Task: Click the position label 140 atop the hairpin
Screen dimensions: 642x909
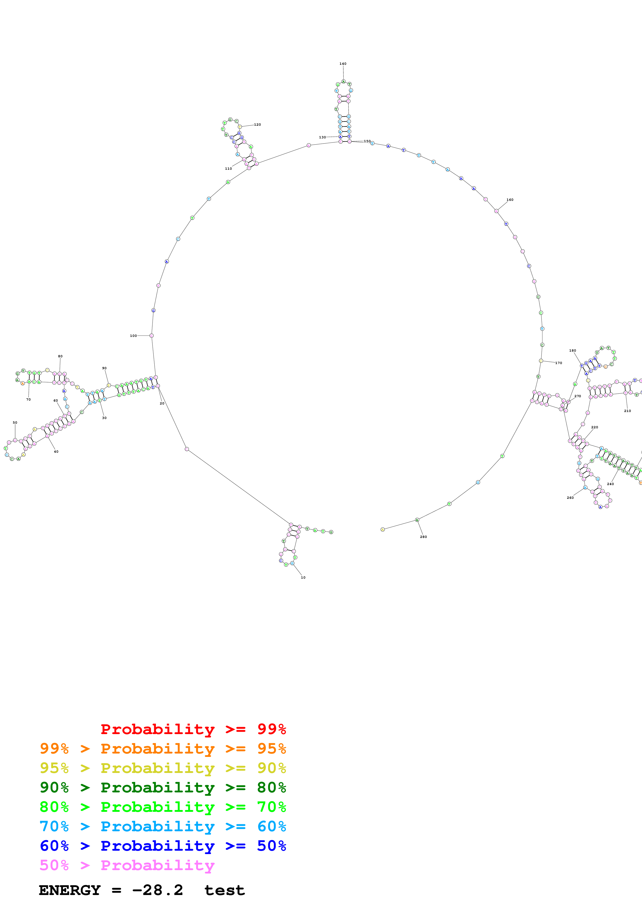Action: point(343,64)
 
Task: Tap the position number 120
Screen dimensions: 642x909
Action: point(257,125)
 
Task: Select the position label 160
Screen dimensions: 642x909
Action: point(510,200)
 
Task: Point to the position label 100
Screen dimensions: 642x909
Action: point(133,336)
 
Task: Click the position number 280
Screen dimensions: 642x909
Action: point(423,537)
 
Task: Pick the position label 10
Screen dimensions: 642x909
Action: point(303,578)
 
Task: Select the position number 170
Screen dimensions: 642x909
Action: point(559,363)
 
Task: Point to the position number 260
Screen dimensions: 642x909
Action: point(570,498)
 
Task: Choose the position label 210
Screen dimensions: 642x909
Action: point(627,411)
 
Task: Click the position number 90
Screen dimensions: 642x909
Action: point(104,368)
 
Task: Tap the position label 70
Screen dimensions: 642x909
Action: point(28,400)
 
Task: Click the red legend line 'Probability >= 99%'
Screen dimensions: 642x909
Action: point(193,729)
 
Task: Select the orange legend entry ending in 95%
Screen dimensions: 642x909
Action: point(163,749)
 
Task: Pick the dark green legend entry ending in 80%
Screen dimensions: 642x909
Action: point(163,787)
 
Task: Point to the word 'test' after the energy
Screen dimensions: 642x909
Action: point(224,890)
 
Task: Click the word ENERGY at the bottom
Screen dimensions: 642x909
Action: point(70,890)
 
